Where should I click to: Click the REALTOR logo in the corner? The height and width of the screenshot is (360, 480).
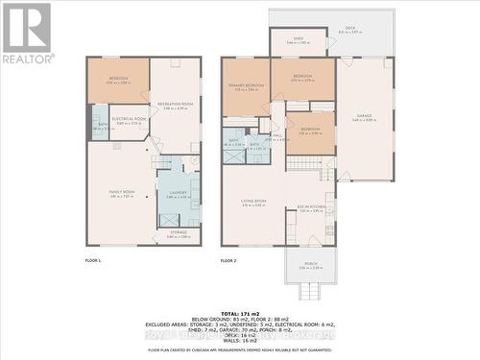click(x=26, y=33)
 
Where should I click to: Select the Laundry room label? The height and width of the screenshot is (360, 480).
click(x=177, y=193)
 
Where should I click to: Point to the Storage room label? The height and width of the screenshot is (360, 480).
click(x=180, y=233)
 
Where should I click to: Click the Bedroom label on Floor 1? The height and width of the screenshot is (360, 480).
click(x=118, y=81)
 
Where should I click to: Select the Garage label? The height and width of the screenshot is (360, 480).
click(x=364, y=118)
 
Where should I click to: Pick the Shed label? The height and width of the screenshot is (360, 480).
click(x=298, y=41)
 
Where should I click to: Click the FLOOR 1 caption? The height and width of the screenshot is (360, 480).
click(x=93, y=260)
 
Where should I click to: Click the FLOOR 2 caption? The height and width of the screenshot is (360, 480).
click(x=228, y=260)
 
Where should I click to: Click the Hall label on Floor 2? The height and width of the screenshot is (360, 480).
click(x=277, y=136)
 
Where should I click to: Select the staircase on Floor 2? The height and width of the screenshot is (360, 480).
click(x=303, y=163)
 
